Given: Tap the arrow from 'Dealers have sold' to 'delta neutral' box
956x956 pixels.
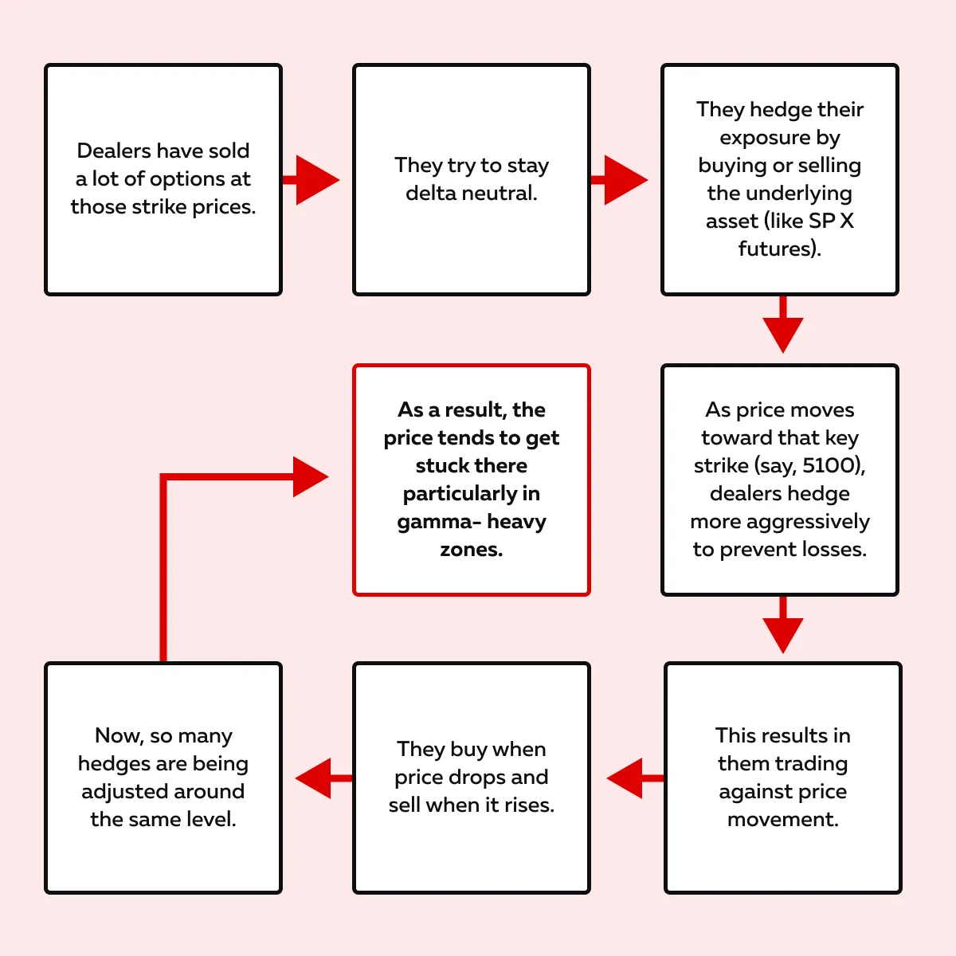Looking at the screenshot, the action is click(x=311, y=180).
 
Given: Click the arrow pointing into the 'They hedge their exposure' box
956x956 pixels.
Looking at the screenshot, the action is click(x=619, y=180).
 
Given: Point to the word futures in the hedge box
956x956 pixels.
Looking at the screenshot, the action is click(x=774, y=249).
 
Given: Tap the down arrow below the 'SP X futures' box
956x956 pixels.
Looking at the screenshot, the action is click(x=783, y=324).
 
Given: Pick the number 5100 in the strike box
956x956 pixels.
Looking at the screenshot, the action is click(x=830, y=465).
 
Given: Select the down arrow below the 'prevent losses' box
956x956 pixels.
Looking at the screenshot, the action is click(x=783, y=625).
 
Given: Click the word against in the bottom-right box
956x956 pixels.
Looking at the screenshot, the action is click(x=748, y=792).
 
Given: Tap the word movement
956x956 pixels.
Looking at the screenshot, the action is click(x=783, y=819).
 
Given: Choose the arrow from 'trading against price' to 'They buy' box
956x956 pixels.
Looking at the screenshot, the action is click(x=636, y=778).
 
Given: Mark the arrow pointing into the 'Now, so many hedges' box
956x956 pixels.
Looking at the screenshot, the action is click(x=324, y=778).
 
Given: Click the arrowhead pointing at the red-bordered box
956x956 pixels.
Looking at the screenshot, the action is click(x=311, y=476).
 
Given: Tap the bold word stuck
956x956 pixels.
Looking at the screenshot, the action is click(x=436, y=466).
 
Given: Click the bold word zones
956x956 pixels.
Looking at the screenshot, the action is click(x=472, y=550).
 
